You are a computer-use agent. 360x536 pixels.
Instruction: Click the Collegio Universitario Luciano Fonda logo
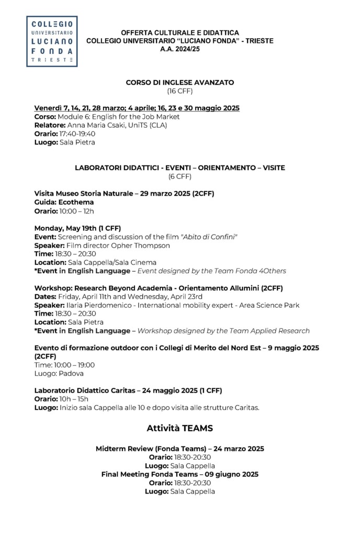(x=52, y=41)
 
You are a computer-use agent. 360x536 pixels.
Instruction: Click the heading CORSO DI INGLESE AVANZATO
(x=180, y=83)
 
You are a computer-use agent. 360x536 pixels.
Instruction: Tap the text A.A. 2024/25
(x=180, y=49)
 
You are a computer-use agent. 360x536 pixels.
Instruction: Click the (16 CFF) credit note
(x=180, y=91)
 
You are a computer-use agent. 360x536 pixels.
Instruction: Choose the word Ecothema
(x=75, y=202)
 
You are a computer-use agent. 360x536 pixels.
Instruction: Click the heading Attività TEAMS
(x=180, y=428)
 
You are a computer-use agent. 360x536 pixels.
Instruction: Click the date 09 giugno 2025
(x=233, y=474)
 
